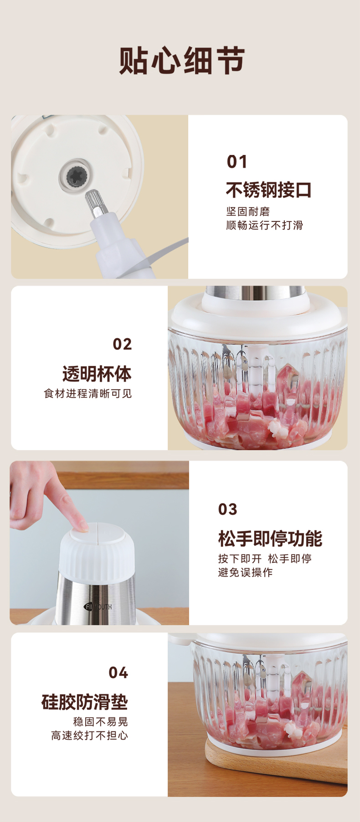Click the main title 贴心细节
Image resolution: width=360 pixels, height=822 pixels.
pyautogui.click(x=182, y=61)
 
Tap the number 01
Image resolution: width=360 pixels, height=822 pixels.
pyautogui.click(x=237, y=162)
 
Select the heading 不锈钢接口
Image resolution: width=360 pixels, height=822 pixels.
pyautogui.click(x=268, y=190)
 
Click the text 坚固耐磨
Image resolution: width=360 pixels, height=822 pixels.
pyautogui.click(x=248, y=211)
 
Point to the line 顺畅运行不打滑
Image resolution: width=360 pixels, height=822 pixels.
pyautogui.click(x=264, y=225)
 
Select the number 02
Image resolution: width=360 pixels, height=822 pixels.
pyautogui.click(x=122, y=344)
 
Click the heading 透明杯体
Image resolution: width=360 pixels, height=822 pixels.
pyautogui.click(x=97, y=374)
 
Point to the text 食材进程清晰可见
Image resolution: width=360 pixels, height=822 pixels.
pyautogui.click(x=87, y=393)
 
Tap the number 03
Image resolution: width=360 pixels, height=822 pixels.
pyautogui.click(x=228, y=509)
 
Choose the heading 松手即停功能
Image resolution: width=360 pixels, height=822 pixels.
pyautogui.click(x=270, y=539)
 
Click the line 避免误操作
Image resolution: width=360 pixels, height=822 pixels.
pyautogui.click(x=245, y=572)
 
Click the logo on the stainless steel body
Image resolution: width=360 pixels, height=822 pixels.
pyautogui.click(x=98, y=606)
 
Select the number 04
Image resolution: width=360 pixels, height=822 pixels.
pyautogui.click(x=118, y=673)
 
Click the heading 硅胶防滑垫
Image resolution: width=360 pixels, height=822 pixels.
pyautogui.click(x=85, y=702)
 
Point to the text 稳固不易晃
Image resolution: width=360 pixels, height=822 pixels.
pyautogui.click(x=100, y=722)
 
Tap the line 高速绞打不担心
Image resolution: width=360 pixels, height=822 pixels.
pyautogui.click(x=89, y=735)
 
